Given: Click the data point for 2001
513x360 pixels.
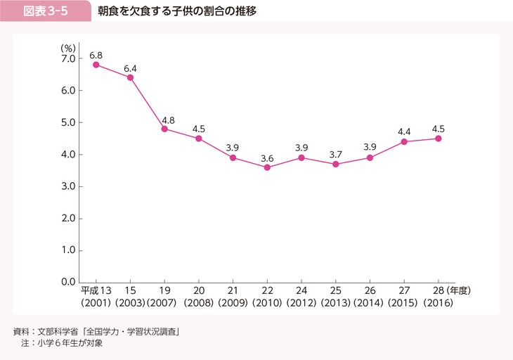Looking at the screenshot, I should [96, 65].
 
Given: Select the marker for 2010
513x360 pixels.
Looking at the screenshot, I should [267, 167].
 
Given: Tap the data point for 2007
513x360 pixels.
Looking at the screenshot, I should [164, 129].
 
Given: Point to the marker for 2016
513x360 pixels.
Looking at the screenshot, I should [438, 139].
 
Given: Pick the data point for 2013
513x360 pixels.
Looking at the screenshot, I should [335, 164].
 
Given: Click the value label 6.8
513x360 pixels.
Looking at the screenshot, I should [96, 55].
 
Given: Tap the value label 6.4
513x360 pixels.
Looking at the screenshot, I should [131, 68].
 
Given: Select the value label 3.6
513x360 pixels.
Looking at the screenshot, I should [267, 159].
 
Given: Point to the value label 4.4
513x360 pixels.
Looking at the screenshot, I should [404, 131].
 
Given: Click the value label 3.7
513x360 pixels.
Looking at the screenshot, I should [335, 155].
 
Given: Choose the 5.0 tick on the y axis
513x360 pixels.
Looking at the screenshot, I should [68, 122].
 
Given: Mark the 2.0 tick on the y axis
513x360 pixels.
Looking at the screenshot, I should [68, 219].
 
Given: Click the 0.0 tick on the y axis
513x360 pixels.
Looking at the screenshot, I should [68, 283].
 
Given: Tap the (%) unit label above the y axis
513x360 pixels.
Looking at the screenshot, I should [68, 47].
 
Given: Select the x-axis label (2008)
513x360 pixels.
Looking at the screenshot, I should [199, 303].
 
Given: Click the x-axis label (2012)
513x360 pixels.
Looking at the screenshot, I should [301, 303].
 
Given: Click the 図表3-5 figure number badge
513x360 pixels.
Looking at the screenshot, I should [46, 11].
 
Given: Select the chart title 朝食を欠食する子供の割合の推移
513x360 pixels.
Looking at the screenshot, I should [177, 11].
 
